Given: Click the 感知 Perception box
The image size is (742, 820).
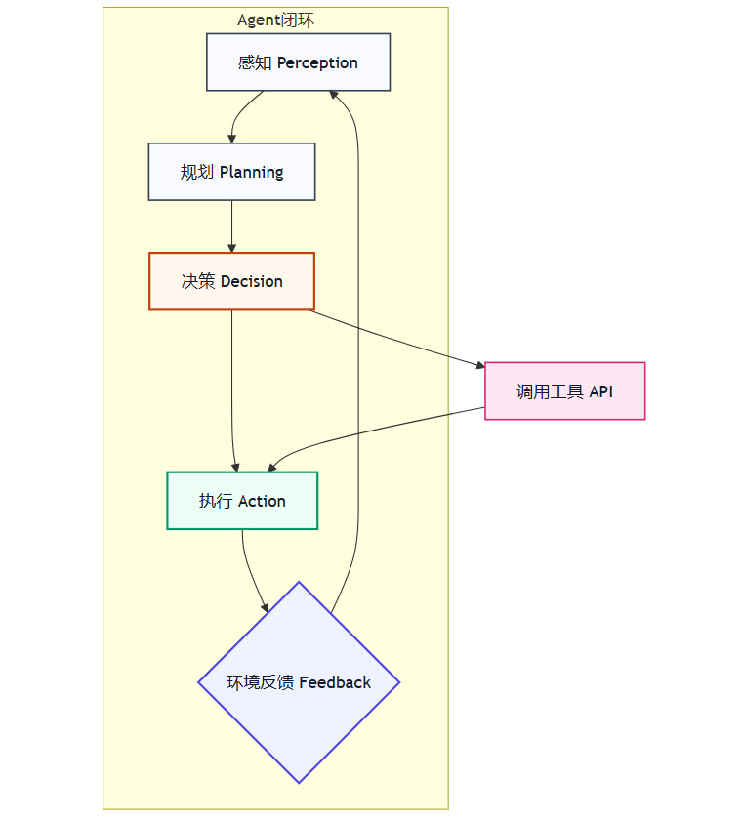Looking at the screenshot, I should [299, 62].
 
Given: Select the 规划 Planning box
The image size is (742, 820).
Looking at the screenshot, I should [231, 172].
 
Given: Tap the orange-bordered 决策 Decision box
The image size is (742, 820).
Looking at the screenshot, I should [231, 281].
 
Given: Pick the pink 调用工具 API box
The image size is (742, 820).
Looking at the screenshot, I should [564, 391].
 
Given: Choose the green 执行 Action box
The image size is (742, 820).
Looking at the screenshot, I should [242, 501].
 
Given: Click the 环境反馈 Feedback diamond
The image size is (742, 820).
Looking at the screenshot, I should [299, 682].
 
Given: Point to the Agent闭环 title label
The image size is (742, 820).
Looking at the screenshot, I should [275, 20].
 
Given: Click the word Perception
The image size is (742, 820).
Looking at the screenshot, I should [317, 62].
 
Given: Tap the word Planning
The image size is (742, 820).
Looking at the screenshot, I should [251, 172].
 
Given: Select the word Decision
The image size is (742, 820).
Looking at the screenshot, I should [251, 281].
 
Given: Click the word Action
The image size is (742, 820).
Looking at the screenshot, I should [262, 501].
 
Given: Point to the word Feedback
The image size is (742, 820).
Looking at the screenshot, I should [335, 682].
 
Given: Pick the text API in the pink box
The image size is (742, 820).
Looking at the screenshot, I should [600, 391].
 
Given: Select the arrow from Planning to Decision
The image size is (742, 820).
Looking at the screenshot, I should [231, 226].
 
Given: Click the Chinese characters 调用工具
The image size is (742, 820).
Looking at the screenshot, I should [550, 391].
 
